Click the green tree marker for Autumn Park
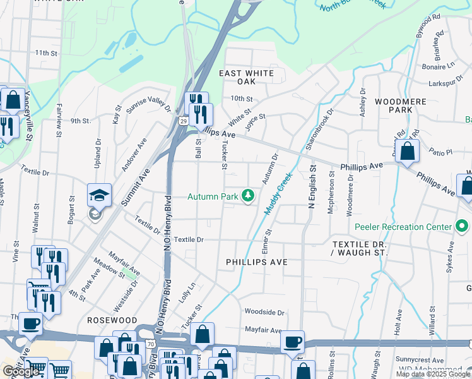tap(249, 196)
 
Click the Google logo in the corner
tap(21, 371)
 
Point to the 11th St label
tap(46, 52)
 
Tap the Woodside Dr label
tap(264, 312)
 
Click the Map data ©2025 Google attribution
tap(432, 374)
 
